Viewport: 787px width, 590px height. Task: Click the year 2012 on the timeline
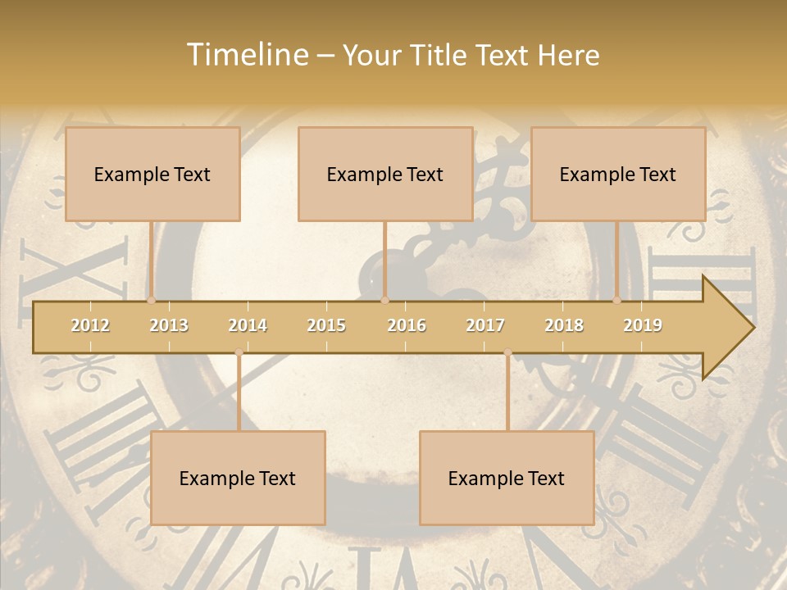pyautogui.click(x=90, y=325)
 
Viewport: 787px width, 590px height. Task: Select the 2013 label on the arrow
pyautogui.click(x=169, y=325)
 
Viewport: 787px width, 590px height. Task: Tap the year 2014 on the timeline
pyautogui.click(x=248, y=325)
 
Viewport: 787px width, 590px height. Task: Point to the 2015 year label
pyautogui.click(x=326, y=325)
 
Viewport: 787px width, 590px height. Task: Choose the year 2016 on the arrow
pyautogui.click(x=407, y=325)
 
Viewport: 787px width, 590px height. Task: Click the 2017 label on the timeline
pyautogui.click(x=485, y=325)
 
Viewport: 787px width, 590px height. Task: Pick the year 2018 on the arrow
pyautogui.click(x=564, y=325)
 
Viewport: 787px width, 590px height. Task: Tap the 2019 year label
pyautogui.click(x=643, y=325)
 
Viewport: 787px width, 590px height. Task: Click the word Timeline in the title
pyautogui.click(x=245, y=55)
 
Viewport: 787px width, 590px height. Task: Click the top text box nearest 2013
pyautogui.click(x=152, y=174)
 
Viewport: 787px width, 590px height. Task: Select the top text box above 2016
pyautogui.click(x=385, y=174)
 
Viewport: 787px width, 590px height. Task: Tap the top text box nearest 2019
pyautogui.click(x=618, y=174)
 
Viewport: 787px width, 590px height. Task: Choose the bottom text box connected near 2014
pyautogui.click(x=238, y=478)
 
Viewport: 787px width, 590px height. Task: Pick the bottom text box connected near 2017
pyautogui.click(x=507, y=478)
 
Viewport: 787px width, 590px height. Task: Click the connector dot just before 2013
pyautogui.click(x=152, y=300)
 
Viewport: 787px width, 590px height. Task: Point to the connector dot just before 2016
pyautogui.click(x=384, y=300)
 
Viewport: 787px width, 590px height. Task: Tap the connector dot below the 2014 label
pyautogui.click(x=239, y=352)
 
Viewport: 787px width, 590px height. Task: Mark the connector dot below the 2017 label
pyautogui.click(x=507, y=352)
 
